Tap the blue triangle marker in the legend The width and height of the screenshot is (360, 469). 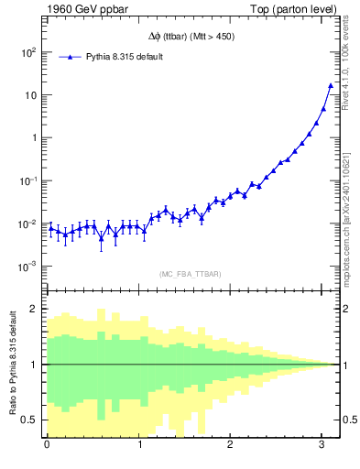click(x=72, y=57)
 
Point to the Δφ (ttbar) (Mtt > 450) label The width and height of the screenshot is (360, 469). click(x=191, y=36)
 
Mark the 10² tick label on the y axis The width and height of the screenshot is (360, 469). click(x=27, y=52)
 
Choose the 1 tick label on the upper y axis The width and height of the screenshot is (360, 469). click(x=33, y=138)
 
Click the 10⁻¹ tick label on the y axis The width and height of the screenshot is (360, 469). click(x=27, y=181)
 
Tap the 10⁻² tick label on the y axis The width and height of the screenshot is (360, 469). click(x=27, y=224)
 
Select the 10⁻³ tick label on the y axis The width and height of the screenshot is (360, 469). click(x=27, y=267)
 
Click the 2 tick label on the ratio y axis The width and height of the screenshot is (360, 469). click(x=33, y=309)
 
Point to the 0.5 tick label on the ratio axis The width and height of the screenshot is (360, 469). click(x=28, y=420)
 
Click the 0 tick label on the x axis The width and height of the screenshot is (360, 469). click(x=47, y=447)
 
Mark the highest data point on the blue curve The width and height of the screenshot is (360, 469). click(x=331, y=86)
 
